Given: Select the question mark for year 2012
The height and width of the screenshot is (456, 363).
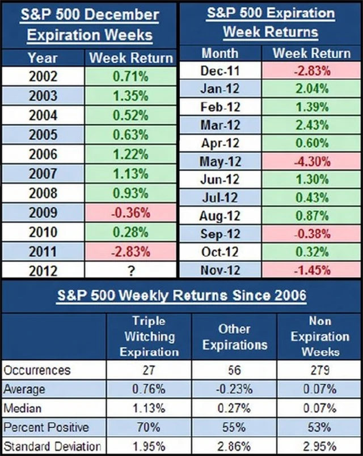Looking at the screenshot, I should [131, 271].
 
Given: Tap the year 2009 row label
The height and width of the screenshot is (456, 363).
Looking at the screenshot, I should [43, 213].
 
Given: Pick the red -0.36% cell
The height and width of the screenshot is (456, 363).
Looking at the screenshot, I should [131, 213].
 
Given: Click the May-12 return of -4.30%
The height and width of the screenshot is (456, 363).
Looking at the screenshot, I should [312, 161].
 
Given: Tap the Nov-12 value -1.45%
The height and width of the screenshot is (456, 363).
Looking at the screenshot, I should [312, 270].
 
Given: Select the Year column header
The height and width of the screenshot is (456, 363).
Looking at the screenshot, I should [43, 58].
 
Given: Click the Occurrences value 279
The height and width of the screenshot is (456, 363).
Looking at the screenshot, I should [319, 370].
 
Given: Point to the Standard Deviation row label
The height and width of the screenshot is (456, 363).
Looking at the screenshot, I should [52, 445].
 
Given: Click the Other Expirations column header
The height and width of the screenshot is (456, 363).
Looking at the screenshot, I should [234, 336].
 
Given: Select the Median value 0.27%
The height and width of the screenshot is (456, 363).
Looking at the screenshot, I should [234, 407].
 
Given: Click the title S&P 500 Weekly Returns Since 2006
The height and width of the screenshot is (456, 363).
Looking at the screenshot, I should [181, 295].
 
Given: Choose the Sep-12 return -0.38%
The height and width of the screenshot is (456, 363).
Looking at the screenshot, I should [312, 233].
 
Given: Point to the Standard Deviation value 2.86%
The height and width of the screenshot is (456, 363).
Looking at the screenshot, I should [234, 445].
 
